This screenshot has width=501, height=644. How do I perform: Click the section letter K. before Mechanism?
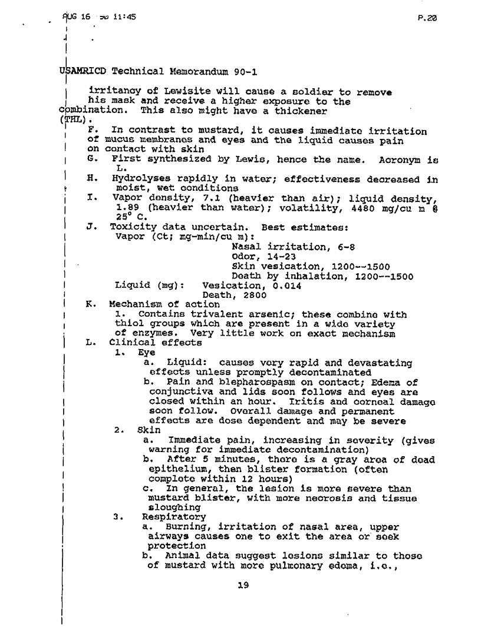[90, 305]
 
